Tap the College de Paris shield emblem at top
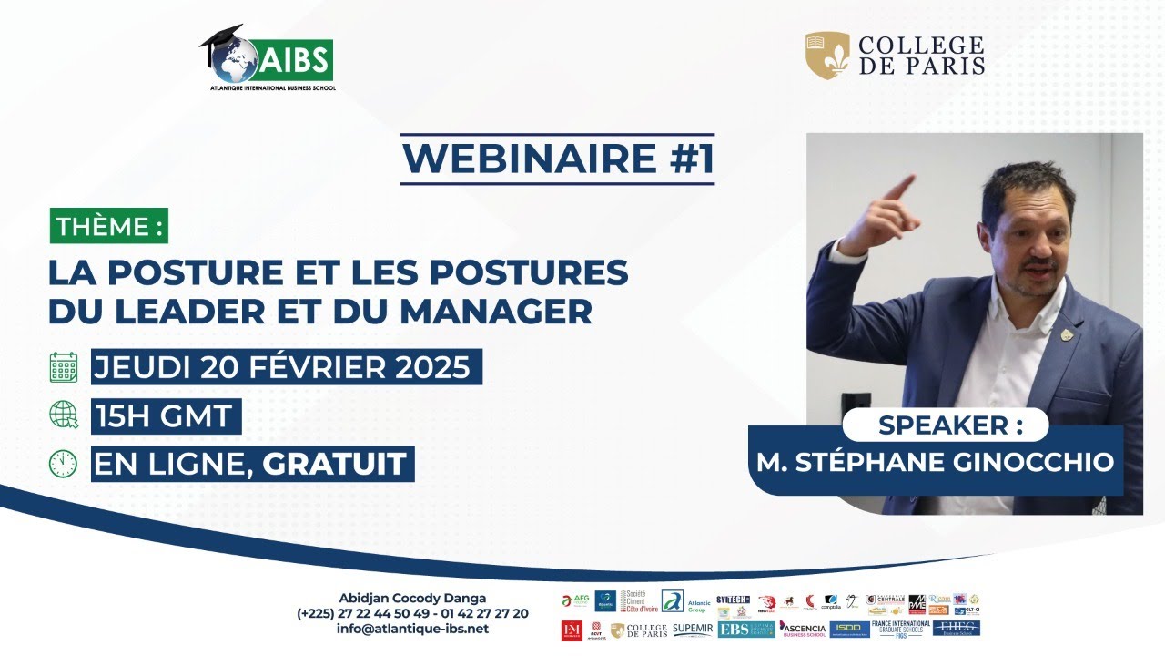click(x=827, y=56)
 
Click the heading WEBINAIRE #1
click(x=558, y=158)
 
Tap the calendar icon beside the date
click(x=64, y=367)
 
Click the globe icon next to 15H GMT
click(x=64, y=415)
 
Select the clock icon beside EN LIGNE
click(x=64, y=463)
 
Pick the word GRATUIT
click(x=334, y=464)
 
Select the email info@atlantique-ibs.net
click(x=412, y=629)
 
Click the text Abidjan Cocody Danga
click(x=412, y=598)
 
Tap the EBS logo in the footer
click(x=745, y=629)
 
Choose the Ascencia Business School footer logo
click(x=802, y=629)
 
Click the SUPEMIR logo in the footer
click(x=693, y=630)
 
